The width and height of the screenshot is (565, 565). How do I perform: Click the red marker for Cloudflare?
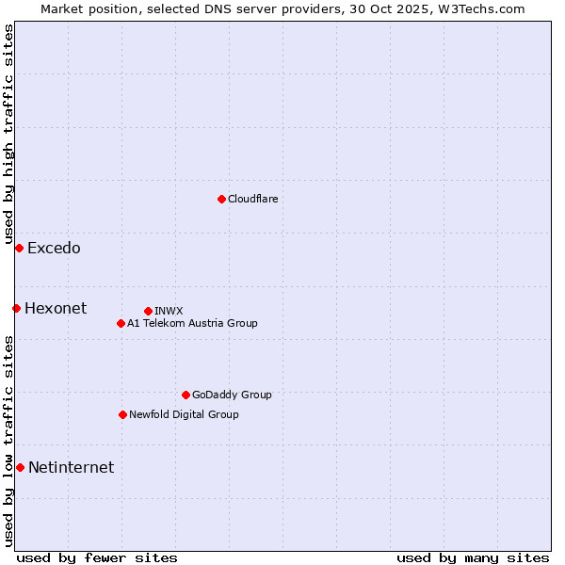point(221,199)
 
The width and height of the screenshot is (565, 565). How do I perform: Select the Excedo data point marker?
point(19,248)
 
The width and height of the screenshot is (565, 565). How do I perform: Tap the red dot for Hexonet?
point(16,308)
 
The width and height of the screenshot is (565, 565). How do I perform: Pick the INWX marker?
point(148,311)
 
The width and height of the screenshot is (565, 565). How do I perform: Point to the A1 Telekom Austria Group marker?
point(121,323)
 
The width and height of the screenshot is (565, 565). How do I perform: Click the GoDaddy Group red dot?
point(186,395)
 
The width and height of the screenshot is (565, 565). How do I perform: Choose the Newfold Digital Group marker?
point(122,414)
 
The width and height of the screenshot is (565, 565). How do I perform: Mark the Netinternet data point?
point(20,467)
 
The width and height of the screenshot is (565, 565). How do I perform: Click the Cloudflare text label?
point(252,199)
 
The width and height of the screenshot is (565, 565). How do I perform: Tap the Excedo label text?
point(54,249)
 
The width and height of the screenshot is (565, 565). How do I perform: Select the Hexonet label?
point(56,309)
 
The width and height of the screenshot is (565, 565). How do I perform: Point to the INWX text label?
point(169,311)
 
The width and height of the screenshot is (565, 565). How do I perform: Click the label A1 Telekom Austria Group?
point(192,323)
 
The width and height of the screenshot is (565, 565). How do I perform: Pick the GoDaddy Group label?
point(232,395)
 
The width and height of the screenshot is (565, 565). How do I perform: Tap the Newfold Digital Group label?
point(184,414)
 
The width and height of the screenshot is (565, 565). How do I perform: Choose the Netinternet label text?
point(71,468)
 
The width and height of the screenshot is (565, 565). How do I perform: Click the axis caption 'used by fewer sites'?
point(97,557)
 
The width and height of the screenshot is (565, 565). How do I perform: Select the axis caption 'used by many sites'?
point(473,557)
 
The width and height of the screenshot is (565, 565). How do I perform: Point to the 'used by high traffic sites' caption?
point(8,136)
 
